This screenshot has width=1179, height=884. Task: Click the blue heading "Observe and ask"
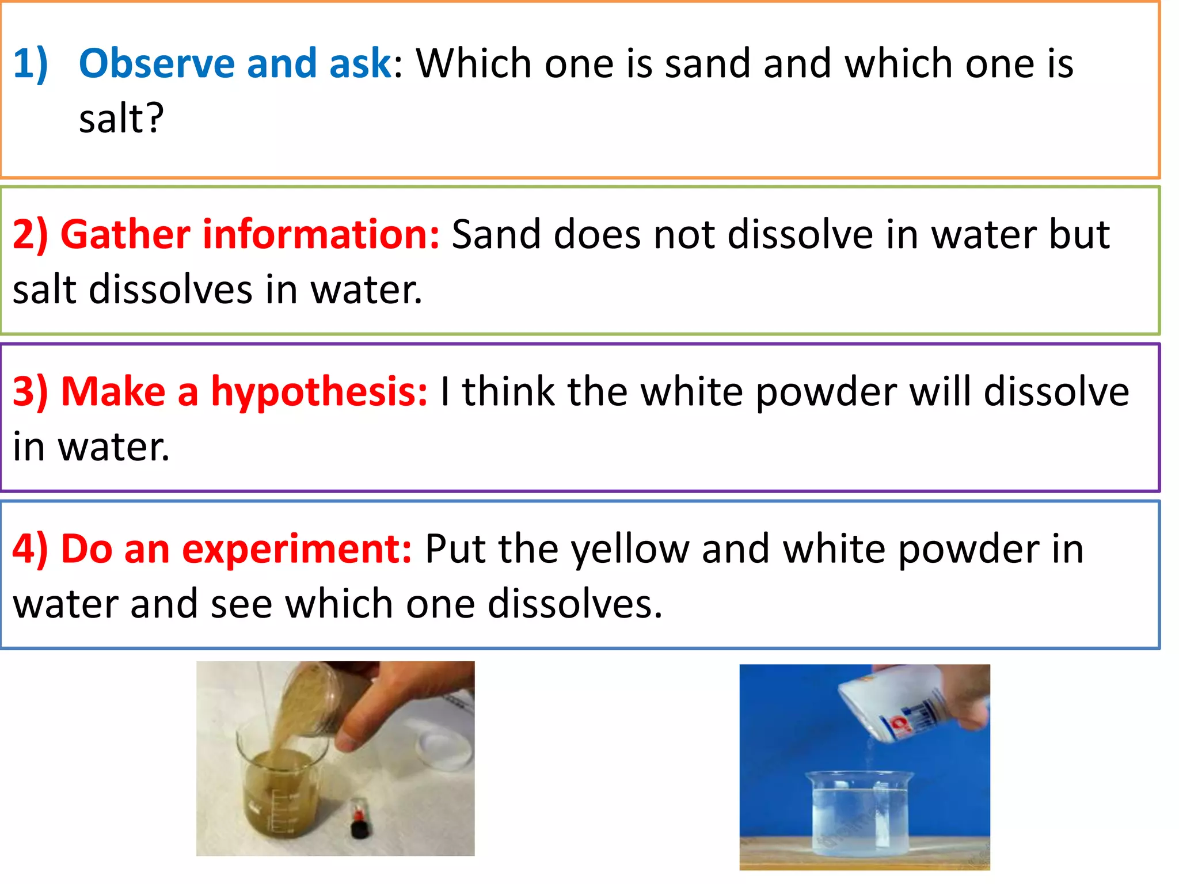[x=235, y=63]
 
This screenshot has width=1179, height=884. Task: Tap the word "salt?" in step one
[x=121, y=119]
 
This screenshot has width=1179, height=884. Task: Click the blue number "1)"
[x=31, y=63]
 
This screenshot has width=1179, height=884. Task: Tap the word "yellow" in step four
[x=630, y=549]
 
